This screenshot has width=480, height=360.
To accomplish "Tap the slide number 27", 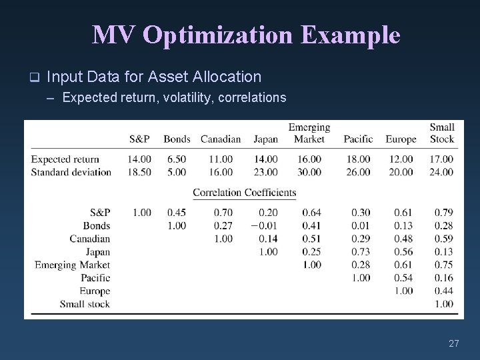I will tap(454, 343).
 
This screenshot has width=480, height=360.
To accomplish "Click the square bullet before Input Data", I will tap(35, 77).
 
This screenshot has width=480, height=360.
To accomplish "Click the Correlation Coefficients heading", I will tap(244, 193).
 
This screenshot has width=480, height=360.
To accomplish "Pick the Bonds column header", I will tap(177, 139).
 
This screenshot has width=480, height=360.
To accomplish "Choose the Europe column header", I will tap(400, 139).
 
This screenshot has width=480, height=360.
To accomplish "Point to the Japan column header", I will tap(265, 139).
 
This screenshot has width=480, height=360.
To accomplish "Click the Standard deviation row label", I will tap(71, 172).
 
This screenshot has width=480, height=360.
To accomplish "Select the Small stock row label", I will tap(85, 304).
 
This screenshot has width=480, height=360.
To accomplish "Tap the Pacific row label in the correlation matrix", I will tap(95, 278).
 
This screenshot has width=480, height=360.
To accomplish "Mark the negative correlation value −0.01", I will tap(263, 225).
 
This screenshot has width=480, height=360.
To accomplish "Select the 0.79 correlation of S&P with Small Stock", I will tap(443, 212).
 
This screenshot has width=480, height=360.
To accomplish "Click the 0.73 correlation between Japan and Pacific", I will tap(361, 251).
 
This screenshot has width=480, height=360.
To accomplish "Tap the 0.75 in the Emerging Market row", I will tap(443, 265).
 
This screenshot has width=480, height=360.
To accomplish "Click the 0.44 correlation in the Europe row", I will tap(443, 291).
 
